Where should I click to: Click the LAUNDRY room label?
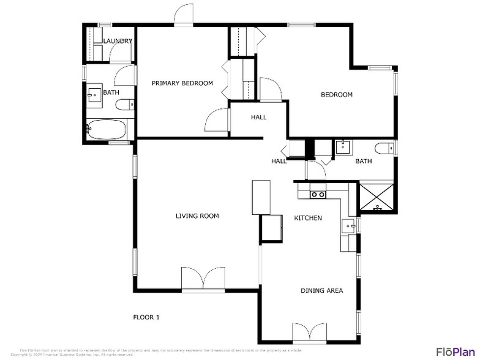(118, 41)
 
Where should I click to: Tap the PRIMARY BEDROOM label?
(182, 83)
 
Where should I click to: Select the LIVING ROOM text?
(197, 216)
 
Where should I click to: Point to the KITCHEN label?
(308, 218)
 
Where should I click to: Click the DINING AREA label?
(321, 290)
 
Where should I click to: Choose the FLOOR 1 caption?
(146, 317)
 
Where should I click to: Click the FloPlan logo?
(456, 351)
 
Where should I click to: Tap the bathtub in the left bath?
(107, 130)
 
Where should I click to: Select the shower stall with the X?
(377, 198)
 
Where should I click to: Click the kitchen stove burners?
(318, 195)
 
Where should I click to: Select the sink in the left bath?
(95, 94)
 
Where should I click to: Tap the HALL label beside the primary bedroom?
(258, 117)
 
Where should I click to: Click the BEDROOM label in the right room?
(337, 94)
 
